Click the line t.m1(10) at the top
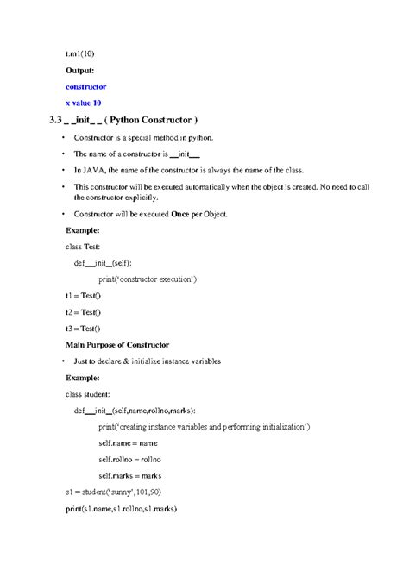click(x=81, y=53)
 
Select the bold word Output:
click(x=82, y=70)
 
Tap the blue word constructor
click(x=86, y=87)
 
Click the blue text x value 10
click(x=89, y=103)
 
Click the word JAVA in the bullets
click(x=96, y=170)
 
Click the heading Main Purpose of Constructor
click(x=117, y=345)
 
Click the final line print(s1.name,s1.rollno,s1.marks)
click(x=121, y=509)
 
